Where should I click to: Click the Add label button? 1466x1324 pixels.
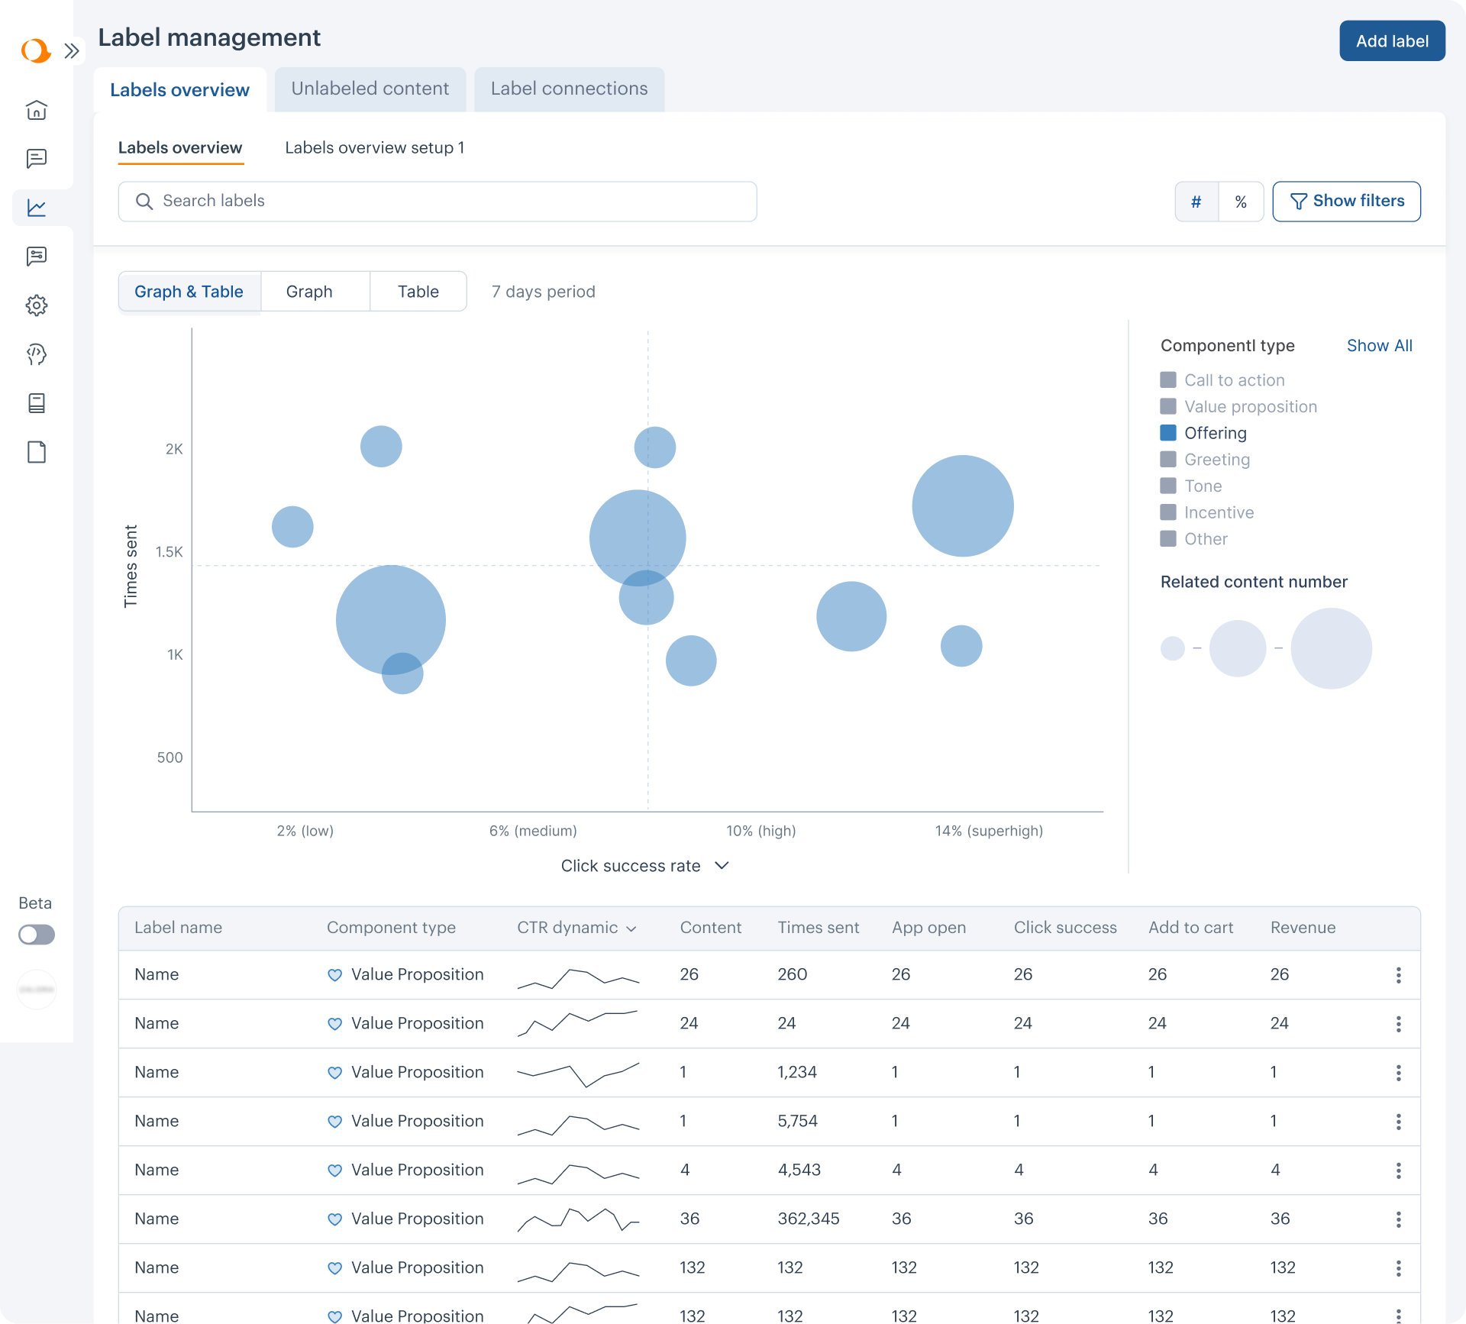click(1391, 41)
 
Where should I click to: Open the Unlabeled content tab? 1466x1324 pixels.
click(370, 89)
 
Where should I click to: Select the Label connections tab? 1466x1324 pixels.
click(569, 89)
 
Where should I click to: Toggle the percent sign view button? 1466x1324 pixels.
click(1241, 202)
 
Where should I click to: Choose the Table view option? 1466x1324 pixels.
click(418, 292)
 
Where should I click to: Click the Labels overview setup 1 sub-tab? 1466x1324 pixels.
click(374, 147)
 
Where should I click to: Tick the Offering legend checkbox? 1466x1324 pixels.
click(1168, 433)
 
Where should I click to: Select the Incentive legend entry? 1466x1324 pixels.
click(1219, 512)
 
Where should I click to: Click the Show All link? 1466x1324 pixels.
click(1379, 345)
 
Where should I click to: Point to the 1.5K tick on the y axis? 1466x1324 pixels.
click(169, 551)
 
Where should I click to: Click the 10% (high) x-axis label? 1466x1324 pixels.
click(760, 831)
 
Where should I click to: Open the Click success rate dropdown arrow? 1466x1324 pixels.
click(722, 865)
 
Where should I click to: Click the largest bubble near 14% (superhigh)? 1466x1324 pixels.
click(962, 505)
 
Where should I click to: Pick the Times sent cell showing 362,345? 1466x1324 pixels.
click(808, 1219)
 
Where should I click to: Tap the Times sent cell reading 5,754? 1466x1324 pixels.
click(797, 1121)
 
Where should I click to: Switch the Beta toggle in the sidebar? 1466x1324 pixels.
click(37, 935)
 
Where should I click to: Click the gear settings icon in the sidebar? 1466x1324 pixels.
click(37, 305)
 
